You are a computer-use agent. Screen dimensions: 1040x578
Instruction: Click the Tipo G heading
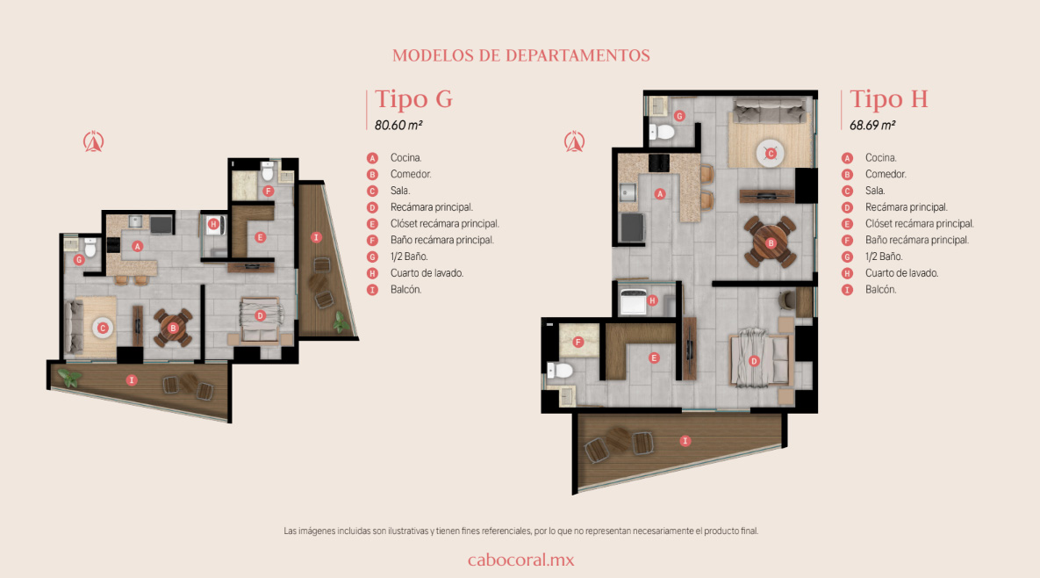414,99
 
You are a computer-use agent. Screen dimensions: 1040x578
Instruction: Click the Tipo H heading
889,99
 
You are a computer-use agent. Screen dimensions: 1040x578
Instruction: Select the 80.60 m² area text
398,125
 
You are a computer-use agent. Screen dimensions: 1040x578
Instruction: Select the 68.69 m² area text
873,125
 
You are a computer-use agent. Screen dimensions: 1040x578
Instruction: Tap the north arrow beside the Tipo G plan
94,141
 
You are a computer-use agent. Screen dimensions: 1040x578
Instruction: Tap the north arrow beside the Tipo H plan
574,141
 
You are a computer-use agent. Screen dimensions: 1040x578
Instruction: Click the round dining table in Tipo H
771,242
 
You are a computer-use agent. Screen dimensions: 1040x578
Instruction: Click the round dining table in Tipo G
173,328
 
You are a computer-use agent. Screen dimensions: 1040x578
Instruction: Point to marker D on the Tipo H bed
754,361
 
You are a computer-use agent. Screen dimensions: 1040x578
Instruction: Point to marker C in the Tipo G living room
103,328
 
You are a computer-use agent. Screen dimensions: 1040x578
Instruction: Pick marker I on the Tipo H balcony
685,441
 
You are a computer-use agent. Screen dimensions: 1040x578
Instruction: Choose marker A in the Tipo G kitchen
137,246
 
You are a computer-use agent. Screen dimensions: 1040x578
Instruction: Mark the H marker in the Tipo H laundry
653,300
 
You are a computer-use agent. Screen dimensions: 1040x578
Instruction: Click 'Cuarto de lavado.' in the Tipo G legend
427,272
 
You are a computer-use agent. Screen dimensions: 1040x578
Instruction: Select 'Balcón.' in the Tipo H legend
880,289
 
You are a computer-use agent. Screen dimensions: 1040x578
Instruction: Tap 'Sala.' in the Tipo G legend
400,191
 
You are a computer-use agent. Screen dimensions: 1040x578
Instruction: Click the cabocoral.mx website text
520,560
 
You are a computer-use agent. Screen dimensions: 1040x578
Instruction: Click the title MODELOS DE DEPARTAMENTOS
520,55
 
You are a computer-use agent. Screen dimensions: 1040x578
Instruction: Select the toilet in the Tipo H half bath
661,132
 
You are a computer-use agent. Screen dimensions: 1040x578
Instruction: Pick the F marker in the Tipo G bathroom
268,191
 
